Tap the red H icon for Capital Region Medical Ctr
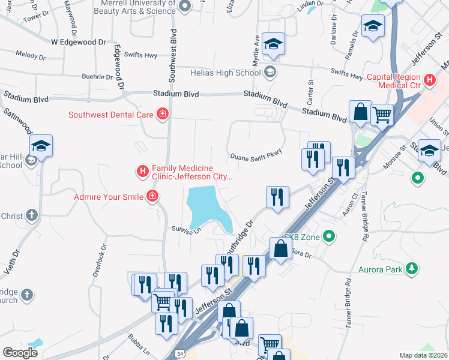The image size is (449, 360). point(429,80)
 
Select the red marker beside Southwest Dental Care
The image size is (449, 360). point(161,114)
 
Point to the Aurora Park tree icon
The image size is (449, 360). point(412,269)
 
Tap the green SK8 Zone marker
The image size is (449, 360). point(328,237)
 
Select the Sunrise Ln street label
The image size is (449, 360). point(185,230)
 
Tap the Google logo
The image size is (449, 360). point(20,352)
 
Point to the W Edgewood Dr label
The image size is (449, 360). point(78,42)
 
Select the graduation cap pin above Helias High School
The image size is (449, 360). point(273,43)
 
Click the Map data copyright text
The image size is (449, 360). point(423,355)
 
